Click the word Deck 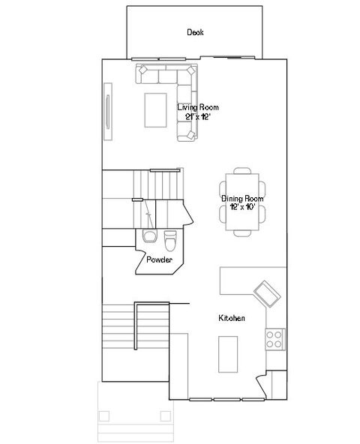coord(196,32)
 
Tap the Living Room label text coord(198,107)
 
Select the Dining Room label coord(242,198)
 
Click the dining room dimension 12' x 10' coord(242,206)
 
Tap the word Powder coord(159,260)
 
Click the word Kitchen coord(232,319)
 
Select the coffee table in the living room coord(156,108)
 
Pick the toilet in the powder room coord(169,240)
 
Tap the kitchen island coord(227,353)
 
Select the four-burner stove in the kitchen coord(275,339)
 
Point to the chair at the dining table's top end coord(242,172)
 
